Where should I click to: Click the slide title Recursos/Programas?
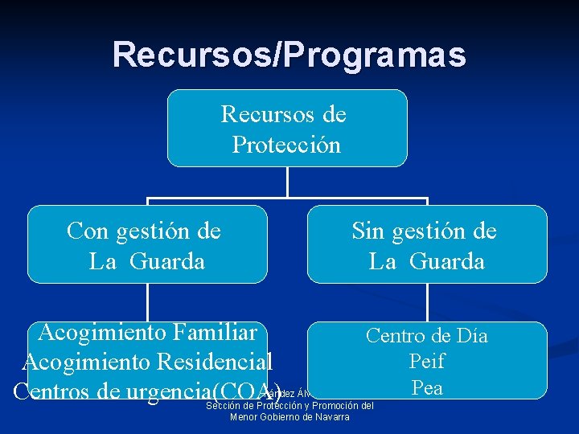[289, 55]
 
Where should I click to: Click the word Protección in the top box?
[287, 145]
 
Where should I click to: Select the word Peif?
[427, 362]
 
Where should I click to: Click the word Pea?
[427, 387]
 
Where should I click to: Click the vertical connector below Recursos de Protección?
[287, 182]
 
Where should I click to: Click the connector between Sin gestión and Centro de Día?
[427, 302]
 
